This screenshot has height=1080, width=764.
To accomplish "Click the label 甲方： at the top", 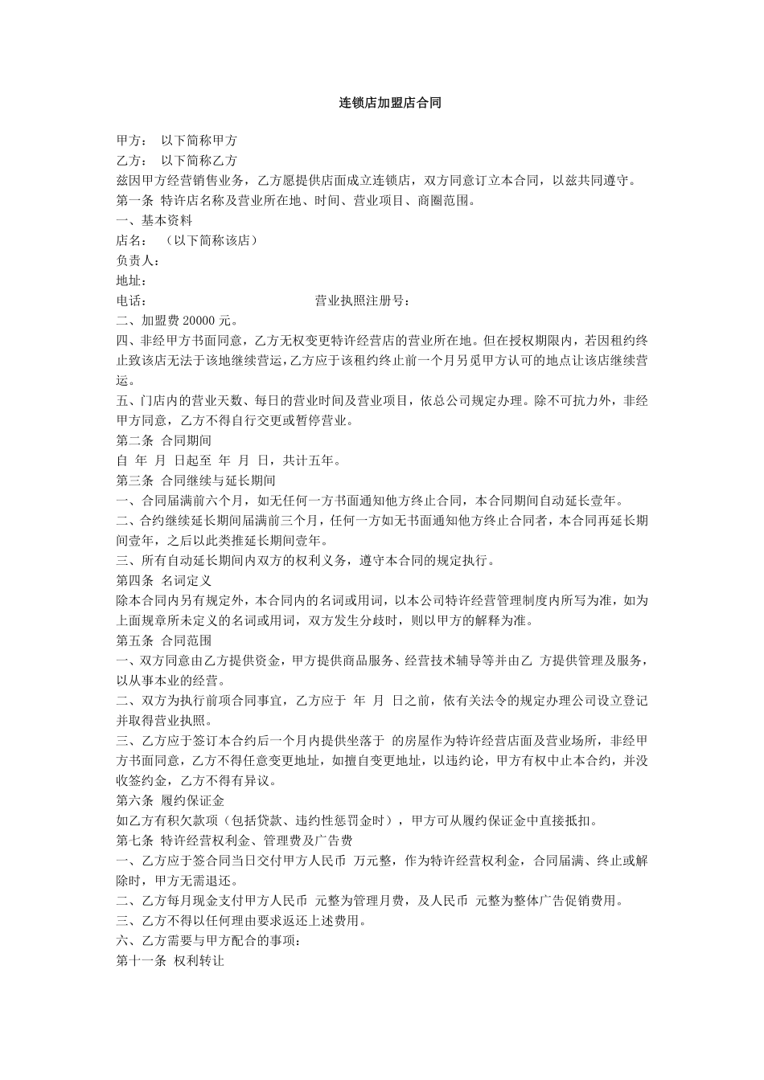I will [x=133, y=140].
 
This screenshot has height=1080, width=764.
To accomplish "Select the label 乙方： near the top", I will [x=133, y=160].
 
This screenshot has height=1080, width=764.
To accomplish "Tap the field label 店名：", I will [x=132, y=240].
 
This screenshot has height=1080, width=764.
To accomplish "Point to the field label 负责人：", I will [x=138, y=260].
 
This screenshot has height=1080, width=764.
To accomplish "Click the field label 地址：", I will [x=132, y=280].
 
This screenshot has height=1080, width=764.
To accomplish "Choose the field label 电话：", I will [x=132, y=301].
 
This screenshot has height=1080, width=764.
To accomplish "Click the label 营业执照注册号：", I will [x=363, y=301].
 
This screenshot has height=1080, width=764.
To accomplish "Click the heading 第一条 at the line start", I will [x=135, y=200].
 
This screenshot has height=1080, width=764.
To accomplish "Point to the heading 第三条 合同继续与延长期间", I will [x=196, y=481].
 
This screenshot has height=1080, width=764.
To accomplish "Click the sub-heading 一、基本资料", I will [x=154, y=220].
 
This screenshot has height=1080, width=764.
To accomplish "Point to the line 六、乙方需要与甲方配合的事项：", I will [x=208, y=940].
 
